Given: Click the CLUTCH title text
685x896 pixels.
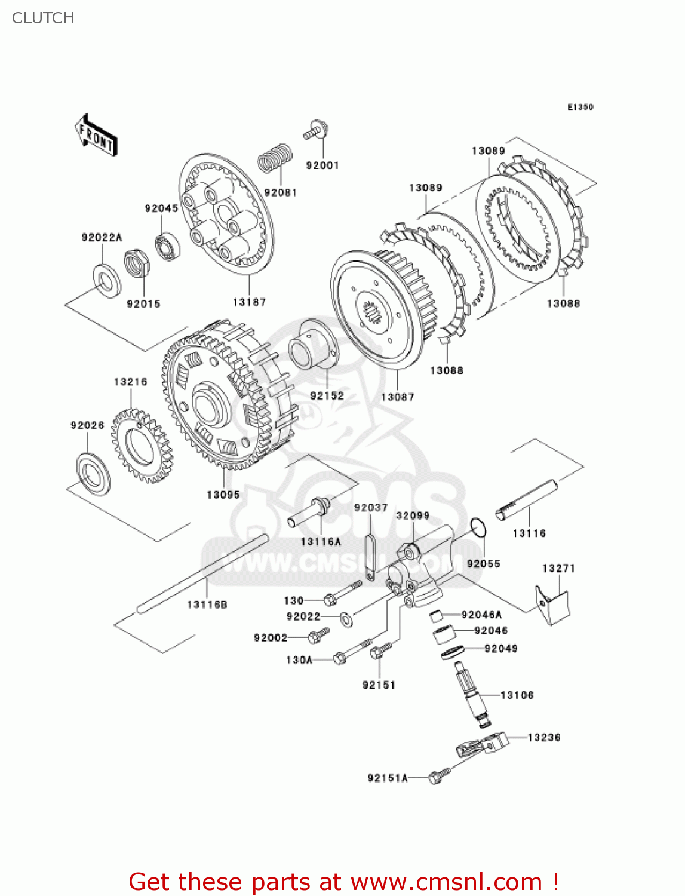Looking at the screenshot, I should [43, 18].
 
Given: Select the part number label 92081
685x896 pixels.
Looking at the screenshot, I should [280, 192].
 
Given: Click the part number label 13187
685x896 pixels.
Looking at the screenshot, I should [249, 302].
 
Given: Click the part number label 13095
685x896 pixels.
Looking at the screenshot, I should [223, 495].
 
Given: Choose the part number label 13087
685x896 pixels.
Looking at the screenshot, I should [398, 397].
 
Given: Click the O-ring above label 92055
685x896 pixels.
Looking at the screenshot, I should [478, 528].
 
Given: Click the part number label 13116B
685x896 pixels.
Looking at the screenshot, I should [207, 605].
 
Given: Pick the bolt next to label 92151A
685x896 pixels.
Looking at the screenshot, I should [438, 775].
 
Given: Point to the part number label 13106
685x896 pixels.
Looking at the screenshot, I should [517, 695].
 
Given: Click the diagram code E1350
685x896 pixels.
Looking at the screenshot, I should [580, 107].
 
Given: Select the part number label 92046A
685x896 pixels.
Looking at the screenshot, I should [481, 615].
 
